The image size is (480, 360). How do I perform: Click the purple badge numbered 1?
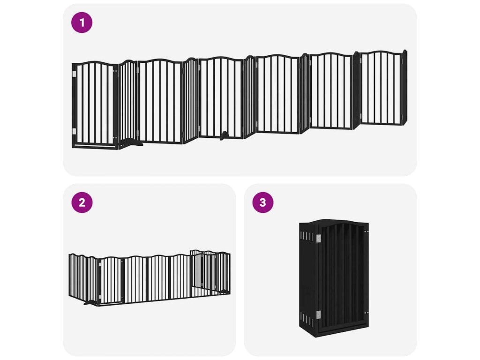[x=82, y=22]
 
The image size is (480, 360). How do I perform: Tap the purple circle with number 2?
[x=82, y=202]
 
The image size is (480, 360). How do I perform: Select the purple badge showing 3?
[x=262, y=202]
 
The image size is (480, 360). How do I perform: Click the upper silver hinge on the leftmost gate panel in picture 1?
[x=74, y=74]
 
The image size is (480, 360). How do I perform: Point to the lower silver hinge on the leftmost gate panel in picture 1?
[x=74, y=131]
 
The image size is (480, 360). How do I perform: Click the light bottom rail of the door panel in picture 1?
[x=96, y=146]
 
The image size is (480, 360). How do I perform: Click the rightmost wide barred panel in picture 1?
[x=381, y=88]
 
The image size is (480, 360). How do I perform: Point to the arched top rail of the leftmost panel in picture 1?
[x=95, y=63]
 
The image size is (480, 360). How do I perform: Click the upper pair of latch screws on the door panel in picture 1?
[x=115, y=71]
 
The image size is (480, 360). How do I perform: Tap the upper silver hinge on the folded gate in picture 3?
[x=318, y=239]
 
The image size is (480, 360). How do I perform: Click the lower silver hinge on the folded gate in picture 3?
[x=318, y=315]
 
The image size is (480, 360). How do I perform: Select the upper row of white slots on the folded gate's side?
[x=307, y=236]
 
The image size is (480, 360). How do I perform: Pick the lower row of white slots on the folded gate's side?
[x=307, y=320]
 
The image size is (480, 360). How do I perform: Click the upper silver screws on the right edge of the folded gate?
[x=366, y=232]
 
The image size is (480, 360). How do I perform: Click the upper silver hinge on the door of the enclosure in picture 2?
[x=100, y=264]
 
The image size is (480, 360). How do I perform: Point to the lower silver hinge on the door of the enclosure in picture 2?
[x=100, y=297]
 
